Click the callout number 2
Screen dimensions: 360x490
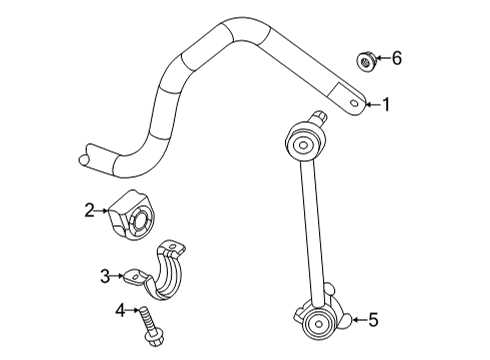90,209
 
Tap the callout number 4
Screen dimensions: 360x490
120,311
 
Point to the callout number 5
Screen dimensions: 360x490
373,320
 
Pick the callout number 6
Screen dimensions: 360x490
396,59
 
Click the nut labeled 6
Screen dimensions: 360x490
366,61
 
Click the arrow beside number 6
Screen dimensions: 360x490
382,60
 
